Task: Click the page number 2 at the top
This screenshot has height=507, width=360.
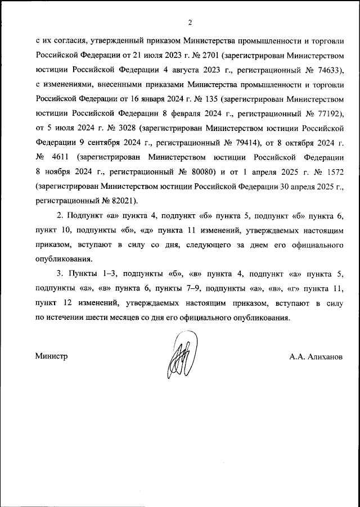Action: pyautogui.click(x=190, y=23)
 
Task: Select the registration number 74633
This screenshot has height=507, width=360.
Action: pyautogui.click(x=330, y=71)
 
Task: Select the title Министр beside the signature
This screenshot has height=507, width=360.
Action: pyautogui.click(x=51, y=356)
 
